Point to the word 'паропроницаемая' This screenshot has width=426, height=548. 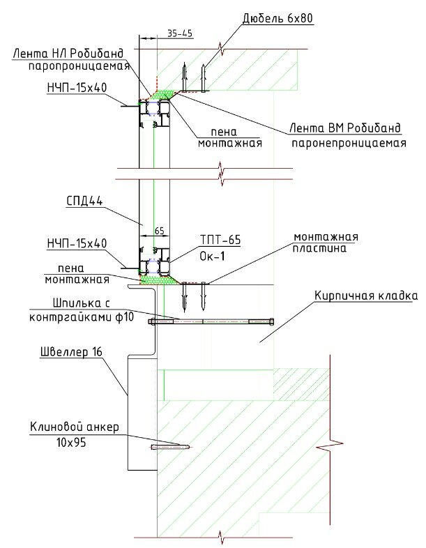(x=80, y=67)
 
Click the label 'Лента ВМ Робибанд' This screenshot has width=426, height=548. (x=346, y=128)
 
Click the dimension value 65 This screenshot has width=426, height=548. (x=158, y=229)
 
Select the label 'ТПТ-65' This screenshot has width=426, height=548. (x=220, y=240)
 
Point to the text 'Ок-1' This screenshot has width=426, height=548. (x=211, y=255)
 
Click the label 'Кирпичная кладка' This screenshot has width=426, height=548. (x=364, y=296)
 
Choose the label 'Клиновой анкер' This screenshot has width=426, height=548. (x=75, y=427)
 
